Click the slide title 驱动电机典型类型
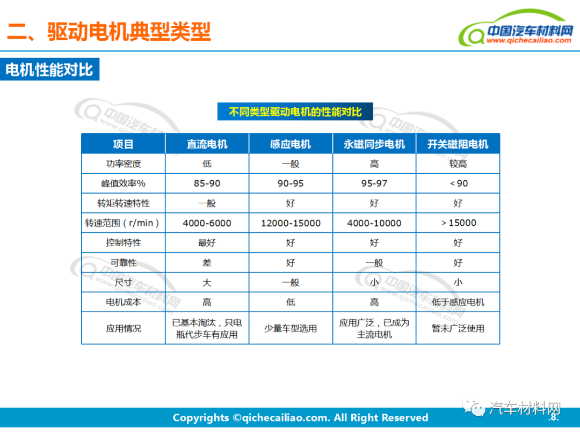pos(129,32)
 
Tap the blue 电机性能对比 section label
pos(49,69)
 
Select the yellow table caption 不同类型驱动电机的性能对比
pos(295,112)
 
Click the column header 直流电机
pos(207,144)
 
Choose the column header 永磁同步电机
pos(374,144)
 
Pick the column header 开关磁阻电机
pos(458,144)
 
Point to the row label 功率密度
pos(124,164)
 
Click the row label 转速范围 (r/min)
pos(122,223)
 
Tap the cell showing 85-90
pos(207,183)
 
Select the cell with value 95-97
pos(374,183)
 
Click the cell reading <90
pos(459,183)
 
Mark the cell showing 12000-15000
pos(291,223)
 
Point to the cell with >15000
pos(459,223)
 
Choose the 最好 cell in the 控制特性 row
pos(207,242)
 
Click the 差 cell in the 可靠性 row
pos(207,263)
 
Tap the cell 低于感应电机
pos(458,302)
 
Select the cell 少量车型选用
pos(291,328)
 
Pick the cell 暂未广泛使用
pos(458,328)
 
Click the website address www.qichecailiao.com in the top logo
pos(529,41)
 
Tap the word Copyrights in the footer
pos(201,418)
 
